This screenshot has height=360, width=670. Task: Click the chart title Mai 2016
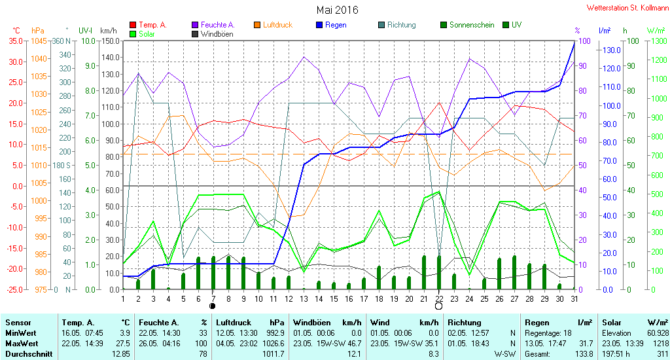click(x=337, y=10)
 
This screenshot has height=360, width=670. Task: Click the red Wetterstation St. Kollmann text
click(x=627, y=8)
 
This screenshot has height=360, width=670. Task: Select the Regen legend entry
click(x=332, y=25)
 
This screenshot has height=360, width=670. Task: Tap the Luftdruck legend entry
click(x=273, y=25)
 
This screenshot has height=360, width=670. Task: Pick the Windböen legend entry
click(x=213, y=34)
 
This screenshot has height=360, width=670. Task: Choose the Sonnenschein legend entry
click(x=467, y=25)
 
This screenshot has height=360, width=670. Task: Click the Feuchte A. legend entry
click(x=213, y=25)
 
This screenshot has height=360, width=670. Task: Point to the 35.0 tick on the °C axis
click(x=16, y=41)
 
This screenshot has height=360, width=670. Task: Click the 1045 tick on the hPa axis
click(x=39, y=41)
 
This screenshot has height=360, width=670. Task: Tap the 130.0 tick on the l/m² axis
click(x=612, y=50)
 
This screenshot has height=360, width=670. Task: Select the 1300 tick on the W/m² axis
click(x=659, y=41)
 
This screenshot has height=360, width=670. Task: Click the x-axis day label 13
click(x=304, y=299)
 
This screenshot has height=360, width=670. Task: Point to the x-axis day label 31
click(x=574, y=299)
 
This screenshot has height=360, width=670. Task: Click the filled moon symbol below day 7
click(x=213, y=306)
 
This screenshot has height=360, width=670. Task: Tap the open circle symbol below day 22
click(x=438, y=306)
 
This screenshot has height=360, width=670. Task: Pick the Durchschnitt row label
click(x=29, y=354)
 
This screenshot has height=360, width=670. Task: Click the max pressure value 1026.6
click(x=273, y=344)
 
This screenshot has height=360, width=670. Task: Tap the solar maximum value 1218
click(x=661, y=344)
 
